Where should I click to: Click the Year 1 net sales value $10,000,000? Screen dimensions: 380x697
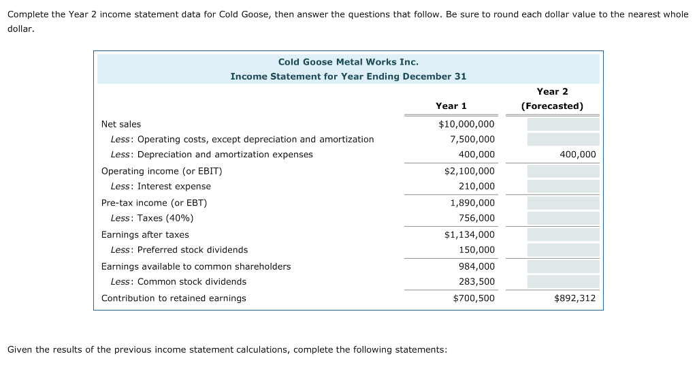coord(467,124)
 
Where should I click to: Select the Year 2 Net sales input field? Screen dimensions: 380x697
coord(563,124)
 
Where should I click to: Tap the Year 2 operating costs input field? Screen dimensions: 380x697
coord(563,139)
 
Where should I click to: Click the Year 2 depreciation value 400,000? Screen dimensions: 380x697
coord(577,155)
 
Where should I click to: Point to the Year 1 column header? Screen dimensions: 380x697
coord(451,106)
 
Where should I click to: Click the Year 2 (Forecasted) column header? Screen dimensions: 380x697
coord(552,99)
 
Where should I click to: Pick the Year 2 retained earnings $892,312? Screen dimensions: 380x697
coord(575,298)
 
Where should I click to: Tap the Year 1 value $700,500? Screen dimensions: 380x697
coord(474,298)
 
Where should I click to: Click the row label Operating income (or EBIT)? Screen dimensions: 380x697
coord(161,171)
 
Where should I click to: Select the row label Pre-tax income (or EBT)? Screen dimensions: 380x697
coord(154,202)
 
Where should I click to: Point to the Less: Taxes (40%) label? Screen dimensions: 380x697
coord(152,218)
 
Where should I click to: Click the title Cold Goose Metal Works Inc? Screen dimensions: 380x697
coord(348,62)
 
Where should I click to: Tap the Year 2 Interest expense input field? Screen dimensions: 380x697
coord(563,186)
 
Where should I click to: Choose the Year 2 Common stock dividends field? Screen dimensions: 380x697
coord(563,281)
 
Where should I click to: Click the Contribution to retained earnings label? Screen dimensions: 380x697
coord(174,298)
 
